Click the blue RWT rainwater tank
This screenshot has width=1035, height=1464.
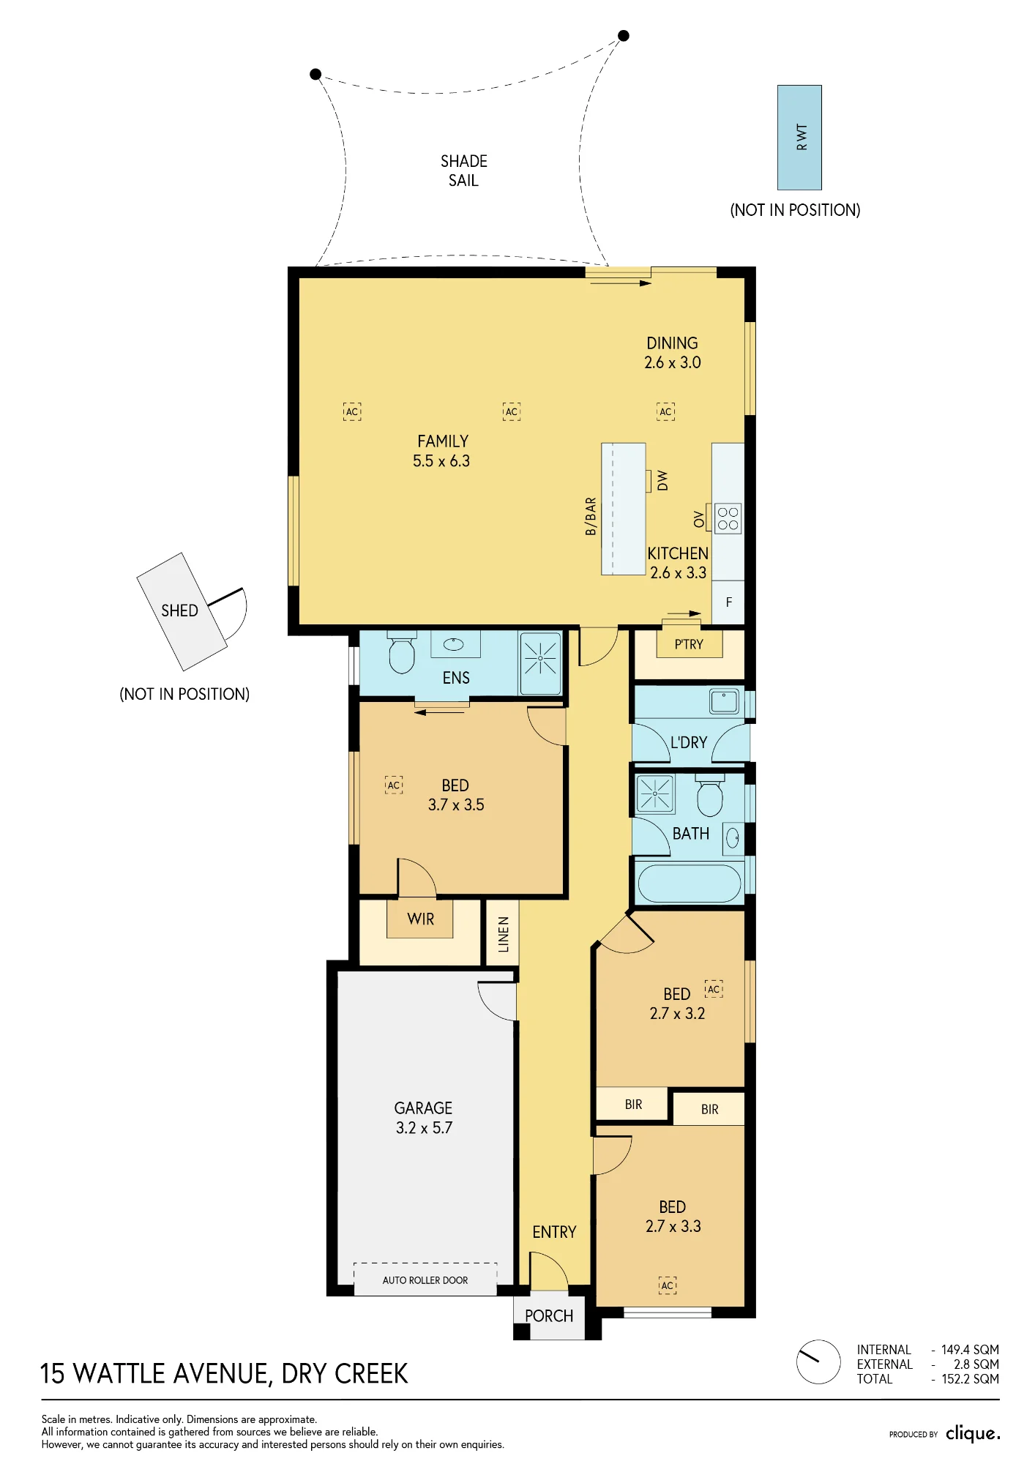(x=799, y=138)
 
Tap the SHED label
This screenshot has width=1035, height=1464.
(x=179, y=610)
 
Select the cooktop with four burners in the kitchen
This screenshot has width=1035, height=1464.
(x=728, y=518)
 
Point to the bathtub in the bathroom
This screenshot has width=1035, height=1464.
(x=689, y=884)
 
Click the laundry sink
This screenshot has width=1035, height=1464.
(x=724, y=701)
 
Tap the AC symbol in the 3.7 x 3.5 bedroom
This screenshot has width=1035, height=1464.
(x=394, y=785)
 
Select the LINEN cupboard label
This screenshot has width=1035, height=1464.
(x=504, y=935)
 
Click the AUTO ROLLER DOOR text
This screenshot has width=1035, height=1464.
(x=425, y=1280)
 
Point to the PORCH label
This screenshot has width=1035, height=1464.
(x=549, y=1316)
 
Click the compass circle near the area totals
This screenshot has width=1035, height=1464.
(x=818, y=1362)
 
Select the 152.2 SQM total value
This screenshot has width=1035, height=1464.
(x=970, y=1379)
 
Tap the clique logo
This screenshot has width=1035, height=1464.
(x=973, y=1433)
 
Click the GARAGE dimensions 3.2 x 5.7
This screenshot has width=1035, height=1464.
(x=424, y=1128)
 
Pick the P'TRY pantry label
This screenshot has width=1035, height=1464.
(x=689, y=645)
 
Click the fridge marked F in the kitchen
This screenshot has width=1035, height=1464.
(x=728, y=602)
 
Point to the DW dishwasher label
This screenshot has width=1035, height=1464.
(x=662, y=480)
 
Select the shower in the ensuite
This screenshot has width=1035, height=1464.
(x=540, y=662)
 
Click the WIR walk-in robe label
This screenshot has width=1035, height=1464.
(x=421, y=919)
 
